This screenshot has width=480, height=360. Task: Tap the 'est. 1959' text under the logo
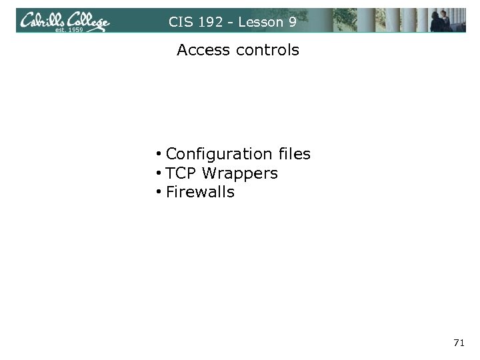69,30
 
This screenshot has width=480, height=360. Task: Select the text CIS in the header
179,22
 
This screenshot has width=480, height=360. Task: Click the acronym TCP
181,173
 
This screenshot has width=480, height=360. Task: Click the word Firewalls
200,193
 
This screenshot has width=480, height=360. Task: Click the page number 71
458,343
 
